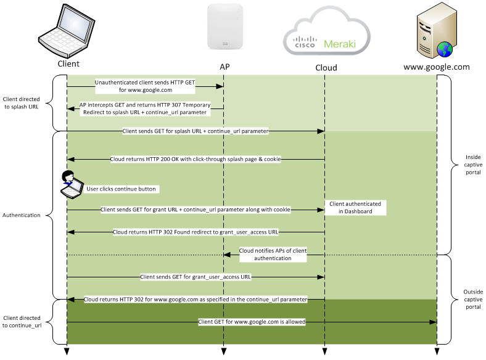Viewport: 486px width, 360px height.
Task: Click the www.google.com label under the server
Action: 436,67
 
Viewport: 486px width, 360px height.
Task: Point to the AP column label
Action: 224,67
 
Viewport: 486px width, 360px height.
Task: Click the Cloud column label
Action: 326,67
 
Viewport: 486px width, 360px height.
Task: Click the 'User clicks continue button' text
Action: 121,189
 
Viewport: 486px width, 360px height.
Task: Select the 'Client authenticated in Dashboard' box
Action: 355,208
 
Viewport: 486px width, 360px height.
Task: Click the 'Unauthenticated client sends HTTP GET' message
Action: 146,85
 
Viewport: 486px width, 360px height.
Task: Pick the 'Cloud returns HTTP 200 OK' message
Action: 196,159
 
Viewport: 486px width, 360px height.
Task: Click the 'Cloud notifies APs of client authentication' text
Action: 273,255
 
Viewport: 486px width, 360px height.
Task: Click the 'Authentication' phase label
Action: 22,215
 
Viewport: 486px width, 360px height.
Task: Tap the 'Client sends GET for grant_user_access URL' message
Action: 196,277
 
